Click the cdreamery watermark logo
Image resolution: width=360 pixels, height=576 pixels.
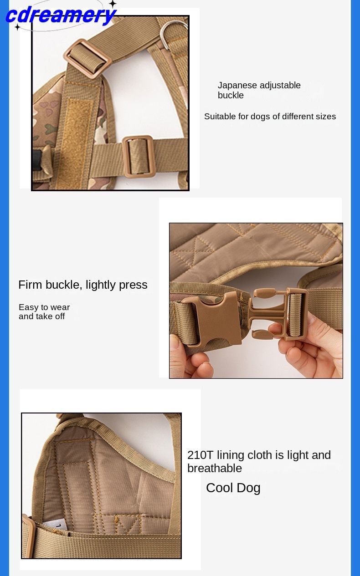click(61, 15)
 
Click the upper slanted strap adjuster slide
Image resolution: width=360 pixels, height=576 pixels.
click(87, 59)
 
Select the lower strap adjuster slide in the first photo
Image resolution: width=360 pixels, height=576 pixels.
click(139, 157)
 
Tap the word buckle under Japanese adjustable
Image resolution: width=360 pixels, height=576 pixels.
click(231, 95)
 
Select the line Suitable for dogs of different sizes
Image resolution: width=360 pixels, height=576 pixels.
click(270, 117)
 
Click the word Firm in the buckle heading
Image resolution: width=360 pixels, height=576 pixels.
click(30, 285)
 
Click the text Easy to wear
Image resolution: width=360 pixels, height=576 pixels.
click(44, 307)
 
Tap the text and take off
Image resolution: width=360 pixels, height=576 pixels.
click(41, 316)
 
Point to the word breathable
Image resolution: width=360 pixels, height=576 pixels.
click(215, 468)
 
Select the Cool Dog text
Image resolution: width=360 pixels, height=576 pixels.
click(233, 488)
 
